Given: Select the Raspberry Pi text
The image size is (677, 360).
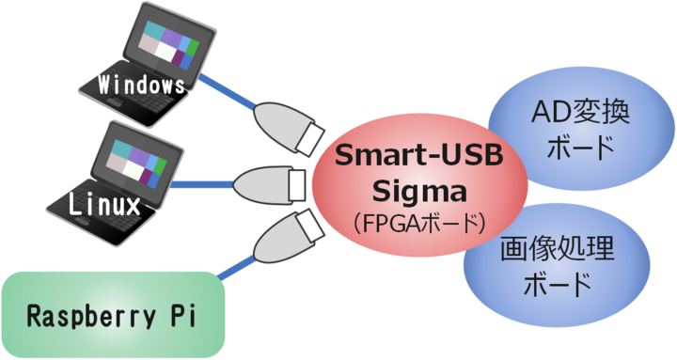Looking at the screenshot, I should click(x=110, y=313).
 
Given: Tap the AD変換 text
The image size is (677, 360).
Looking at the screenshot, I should click(x=579, y=114).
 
